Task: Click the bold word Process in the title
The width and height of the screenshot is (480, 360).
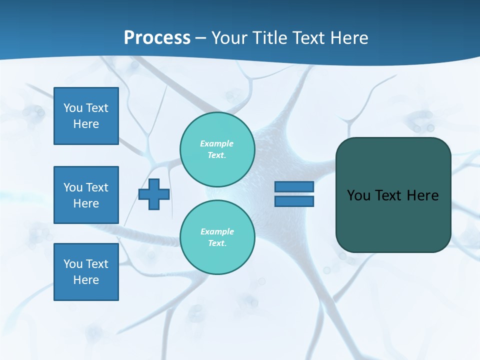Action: point(157,38)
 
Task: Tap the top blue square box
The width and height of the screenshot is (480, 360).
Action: point(86,116)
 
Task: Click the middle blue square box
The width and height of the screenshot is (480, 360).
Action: point(86,195)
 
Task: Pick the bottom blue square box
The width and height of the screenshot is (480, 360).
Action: point(86,272)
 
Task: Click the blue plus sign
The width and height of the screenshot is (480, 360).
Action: point(154,194)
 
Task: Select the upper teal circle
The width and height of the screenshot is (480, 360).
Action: point(217,149)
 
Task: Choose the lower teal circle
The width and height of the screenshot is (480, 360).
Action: point(217,237)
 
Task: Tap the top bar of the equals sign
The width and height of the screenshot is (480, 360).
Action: point(294,186)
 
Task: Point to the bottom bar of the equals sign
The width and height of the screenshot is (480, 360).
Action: point(294,201)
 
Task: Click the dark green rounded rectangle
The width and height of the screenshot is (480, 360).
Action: point(393,220)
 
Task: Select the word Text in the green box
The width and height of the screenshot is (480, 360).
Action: point(388,195)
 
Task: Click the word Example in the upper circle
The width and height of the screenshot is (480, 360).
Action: point(216,143)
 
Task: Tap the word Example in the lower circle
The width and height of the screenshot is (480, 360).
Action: point(217,231)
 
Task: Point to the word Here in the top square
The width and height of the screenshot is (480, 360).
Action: point(86,124)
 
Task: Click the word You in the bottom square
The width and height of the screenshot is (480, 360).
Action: point(73,264)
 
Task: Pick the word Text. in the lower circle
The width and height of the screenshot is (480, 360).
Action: point(217,243)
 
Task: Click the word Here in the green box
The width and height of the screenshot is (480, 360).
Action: point(422,195)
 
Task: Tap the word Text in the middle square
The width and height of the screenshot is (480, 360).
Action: point(97,187)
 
